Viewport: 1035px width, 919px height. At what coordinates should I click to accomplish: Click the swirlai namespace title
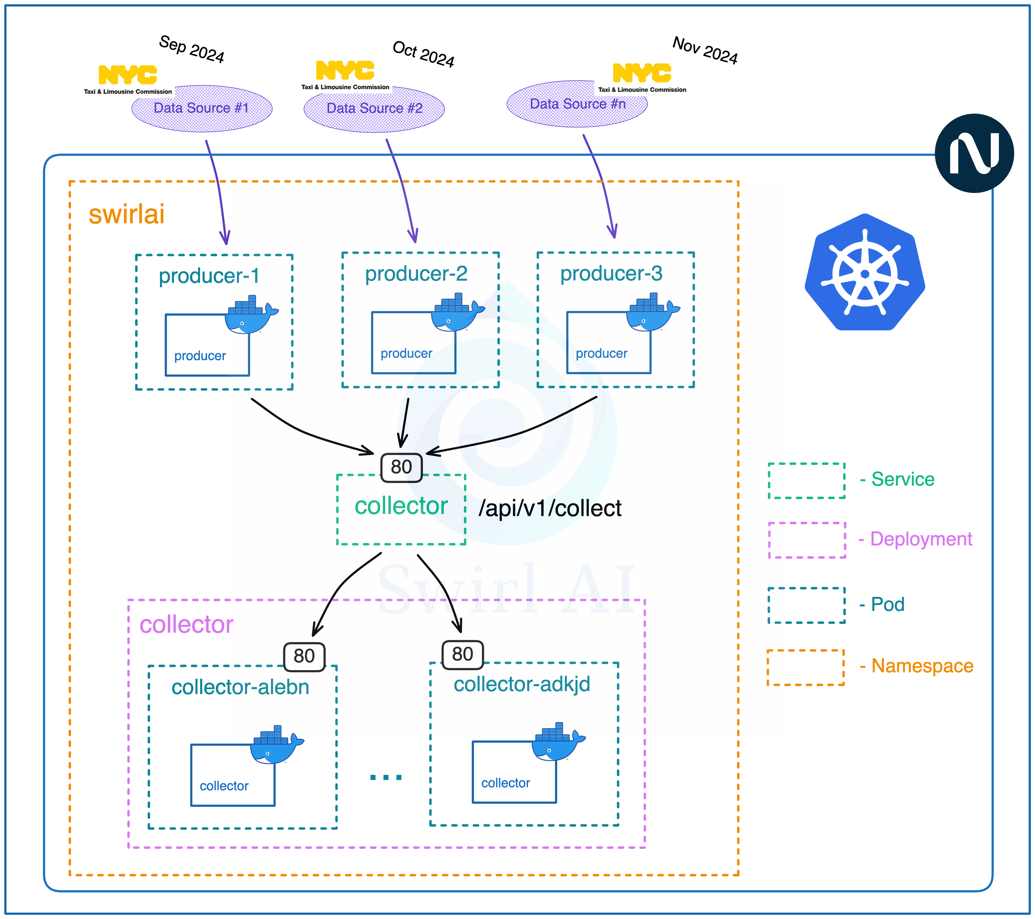pos(127,214)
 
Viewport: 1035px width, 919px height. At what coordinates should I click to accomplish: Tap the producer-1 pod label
pos(209,276)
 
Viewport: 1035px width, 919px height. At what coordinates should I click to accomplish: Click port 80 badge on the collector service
pos(401,467)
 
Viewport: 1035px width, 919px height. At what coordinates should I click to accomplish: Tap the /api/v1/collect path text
pos(550,508)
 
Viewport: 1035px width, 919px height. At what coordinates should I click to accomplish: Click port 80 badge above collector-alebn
pos(304,656)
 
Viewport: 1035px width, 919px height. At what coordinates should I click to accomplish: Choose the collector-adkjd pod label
pos(522,684)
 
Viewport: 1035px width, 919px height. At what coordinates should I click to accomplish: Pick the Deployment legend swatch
pos(807,540)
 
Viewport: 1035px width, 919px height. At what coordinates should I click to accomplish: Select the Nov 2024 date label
pos(705,50)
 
